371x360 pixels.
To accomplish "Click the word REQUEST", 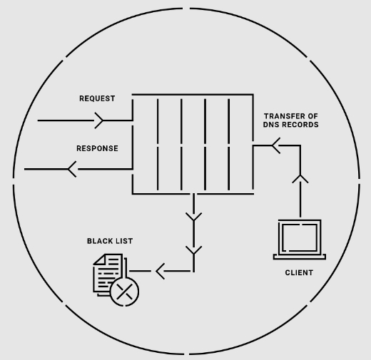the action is pos(97,98).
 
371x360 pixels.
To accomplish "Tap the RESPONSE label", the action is pos(97,148).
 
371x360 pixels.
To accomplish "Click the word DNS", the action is pos(271,125).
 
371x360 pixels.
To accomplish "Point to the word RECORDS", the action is pos(300,125).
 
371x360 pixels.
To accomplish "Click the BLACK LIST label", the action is pos(110,241).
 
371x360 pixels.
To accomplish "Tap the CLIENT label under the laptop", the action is pos(299,272).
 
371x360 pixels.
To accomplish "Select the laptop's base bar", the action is pos(300,257).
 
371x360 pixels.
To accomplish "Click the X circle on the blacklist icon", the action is pos(125,292).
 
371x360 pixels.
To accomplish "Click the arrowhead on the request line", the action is pos(98,120).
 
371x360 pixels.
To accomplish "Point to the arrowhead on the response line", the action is pos(72,169).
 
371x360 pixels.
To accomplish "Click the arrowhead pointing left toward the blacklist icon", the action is pos(160,271).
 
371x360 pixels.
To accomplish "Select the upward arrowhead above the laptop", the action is pos(300,179).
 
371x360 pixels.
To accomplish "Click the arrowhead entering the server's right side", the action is pos(276,145).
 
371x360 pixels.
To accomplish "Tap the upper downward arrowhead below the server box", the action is pos(194,217).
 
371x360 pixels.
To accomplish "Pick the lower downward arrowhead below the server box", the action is pos(194,250).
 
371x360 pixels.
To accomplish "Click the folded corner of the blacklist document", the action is pos(99,259).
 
